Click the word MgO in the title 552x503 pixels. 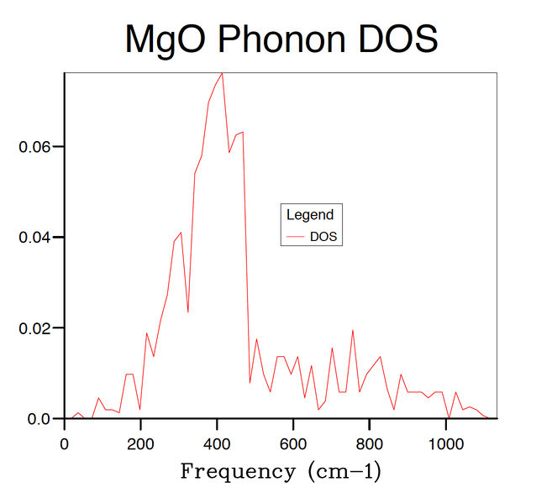click(x=167, y=39)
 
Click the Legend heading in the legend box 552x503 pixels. click(x=309, y=215)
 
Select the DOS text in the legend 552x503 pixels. click(x=323, y=237)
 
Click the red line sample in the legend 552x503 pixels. click(x=295, y=237)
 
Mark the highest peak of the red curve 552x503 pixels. click(x=222, y=73)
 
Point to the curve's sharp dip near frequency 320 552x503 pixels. click(x=187, y=312)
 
